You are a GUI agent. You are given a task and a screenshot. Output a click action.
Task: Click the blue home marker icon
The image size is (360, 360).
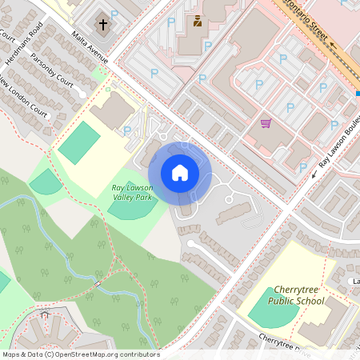[x=180, y=172]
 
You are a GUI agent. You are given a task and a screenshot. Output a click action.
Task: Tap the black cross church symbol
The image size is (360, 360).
[x=102, y=24]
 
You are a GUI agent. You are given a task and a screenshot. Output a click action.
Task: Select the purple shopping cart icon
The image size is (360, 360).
[x=266, y=123]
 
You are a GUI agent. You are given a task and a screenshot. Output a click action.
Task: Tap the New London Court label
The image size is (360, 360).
[x=25, y=98]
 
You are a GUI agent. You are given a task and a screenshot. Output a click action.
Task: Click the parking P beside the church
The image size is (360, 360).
[x=114, y=14]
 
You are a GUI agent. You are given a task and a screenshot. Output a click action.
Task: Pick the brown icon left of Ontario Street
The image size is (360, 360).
[x=197, y=20]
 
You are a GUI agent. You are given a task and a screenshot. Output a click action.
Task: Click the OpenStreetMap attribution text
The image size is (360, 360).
[x=80, y=354]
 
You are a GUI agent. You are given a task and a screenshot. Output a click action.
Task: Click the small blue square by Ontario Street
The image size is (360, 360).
[x=358, y=94]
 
